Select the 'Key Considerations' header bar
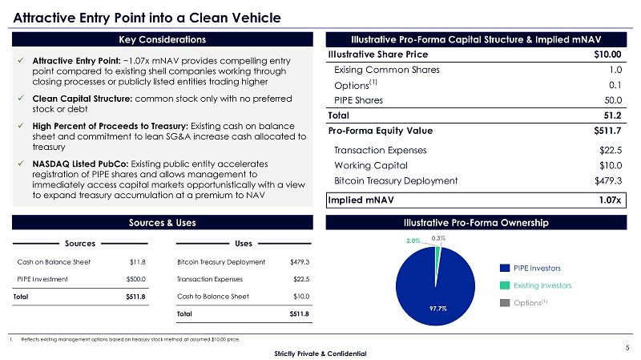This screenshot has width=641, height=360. point(162,39)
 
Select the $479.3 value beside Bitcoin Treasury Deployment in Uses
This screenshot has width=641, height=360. point(299,261)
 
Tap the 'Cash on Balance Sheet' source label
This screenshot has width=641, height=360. point(54,261)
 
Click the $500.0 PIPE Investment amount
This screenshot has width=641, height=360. point(135,279)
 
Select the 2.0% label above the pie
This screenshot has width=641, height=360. point(413,240)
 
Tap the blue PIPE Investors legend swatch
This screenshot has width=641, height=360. point(506,268)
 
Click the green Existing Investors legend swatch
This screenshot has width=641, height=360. point(506,285)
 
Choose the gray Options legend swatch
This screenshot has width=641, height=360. point(506,301)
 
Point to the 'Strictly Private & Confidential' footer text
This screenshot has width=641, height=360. point(320,354)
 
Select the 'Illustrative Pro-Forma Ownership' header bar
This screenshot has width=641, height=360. point(475,222)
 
